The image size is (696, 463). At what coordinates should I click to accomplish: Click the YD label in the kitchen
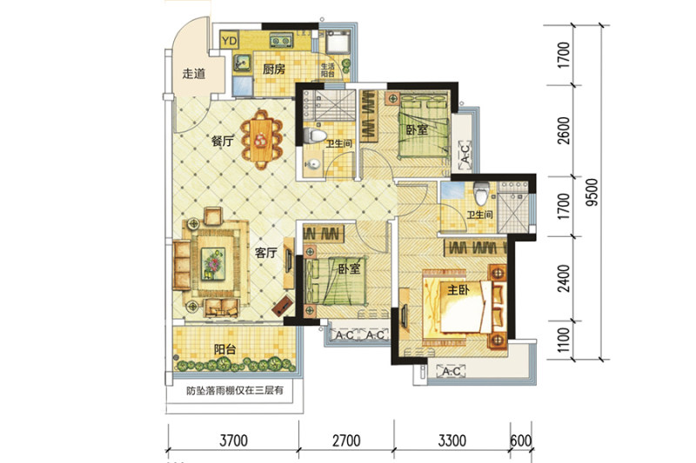tap(230, 41)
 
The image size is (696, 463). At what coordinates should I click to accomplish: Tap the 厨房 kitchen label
tap(273, 69)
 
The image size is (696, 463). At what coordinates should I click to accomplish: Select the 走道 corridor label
tap(193, 74)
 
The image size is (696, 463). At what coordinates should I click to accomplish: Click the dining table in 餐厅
tap(262, 139)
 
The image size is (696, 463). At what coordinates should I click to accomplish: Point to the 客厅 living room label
tap(266, 253)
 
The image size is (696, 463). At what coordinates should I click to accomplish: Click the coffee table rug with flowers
tap(213, 264)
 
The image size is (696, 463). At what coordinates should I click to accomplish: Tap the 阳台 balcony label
tap(224, 349)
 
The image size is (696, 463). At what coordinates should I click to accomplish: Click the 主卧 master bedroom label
tap(458, 290)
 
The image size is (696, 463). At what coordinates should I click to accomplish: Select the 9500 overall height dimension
tap(592, 192)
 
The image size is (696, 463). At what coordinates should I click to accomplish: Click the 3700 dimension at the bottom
tap(234, 440)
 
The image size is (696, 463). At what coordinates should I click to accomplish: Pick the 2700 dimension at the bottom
tap(346, 440)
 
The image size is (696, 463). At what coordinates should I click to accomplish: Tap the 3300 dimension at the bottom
tap(452, 440)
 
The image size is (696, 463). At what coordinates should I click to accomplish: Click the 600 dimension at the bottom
tap(521, 440)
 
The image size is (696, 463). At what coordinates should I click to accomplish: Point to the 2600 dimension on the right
tap(564, 130)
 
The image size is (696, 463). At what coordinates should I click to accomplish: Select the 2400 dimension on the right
tap(564, 278)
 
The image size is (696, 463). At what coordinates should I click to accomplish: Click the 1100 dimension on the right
tap(563, 341)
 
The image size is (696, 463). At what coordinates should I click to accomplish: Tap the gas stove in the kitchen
tap(281, 42)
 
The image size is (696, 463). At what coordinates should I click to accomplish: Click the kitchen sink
tap(242, 62)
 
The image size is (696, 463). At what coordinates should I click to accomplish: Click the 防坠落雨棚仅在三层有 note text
tap(235, 391)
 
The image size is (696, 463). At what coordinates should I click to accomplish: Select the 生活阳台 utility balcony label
tap(328, 70)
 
